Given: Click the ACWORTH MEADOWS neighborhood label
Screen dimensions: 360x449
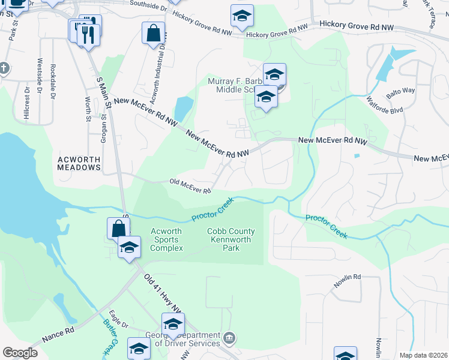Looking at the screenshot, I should [x=79, y=163].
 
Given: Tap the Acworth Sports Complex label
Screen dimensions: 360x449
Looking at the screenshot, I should [x=166, y=239].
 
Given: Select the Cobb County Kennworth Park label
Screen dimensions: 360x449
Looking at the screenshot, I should [x=231, y=239].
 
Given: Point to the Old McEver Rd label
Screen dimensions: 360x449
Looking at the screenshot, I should [x=190, y=186].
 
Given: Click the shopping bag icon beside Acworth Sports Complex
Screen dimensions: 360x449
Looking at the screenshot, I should [x=118, y=228].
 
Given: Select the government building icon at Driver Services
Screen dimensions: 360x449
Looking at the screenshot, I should [x=229, y=340].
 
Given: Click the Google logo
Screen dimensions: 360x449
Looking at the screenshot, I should [x=20, y=353].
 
